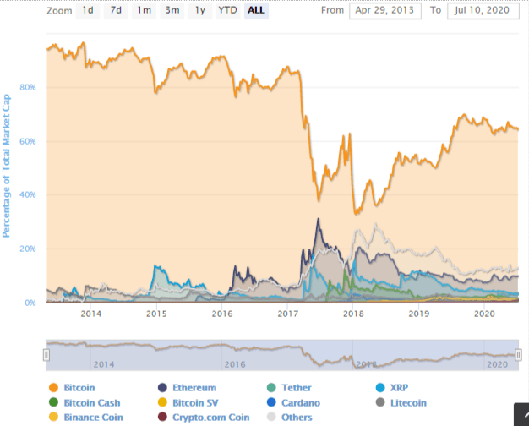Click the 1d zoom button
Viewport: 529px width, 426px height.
click(88, 11)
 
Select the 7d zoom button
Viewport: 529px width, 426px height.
click(117, 11)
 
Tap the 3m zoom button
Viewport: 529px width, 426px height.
click(172, 11)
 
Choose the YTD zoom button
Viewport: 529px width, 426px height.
click(227, 11)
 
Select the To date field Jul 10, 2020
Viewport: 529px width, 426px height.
click(483, 11)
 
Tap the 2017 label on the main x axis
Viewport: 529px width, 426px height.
click(288, 314)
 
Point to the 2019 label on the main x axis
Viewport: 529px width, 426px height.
click(419, 314)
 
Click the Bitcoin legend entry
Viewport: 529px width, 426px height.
click(79, 388)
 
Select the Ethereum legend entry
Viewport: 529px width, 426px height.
click(193, 388)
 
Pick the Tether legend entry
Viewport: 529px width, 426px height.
click(296, 388)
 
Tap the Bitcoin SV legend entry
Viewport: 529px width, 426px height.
click(194, 402)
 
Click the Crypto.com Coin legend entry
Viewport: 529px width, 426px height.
click(210, 417)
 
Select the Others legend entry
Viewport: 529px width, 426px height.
click(296, 417)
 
